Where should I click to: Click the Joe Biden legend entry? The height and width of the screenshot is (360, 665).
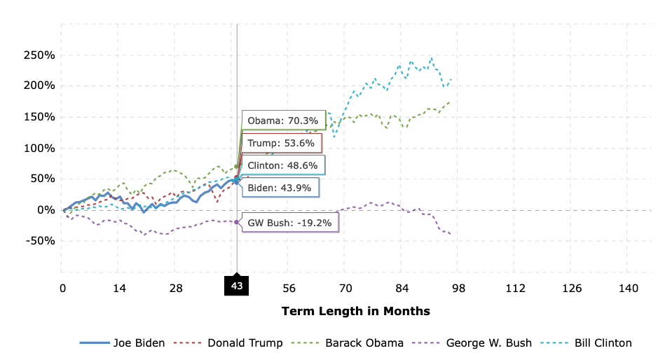click(x=123, y=342)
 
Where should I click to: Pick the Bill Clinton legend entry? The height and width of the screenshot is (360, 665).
click(x=593, y=342)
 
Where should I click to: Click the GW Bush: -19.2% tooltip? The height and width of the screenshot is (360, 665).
click(x=289, y=222)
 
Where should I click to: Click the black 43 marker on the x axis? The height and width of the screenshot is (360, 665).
click(x=237, y=286)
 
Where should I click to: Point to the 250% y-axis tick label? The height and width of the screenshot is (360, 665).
click(x=40, y=55)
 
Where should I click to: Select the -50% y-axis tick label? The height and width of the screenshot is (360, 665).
click(x=40, y=241)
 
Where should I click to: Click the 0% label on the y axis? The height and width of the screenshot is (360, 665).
click(x=45, y=210)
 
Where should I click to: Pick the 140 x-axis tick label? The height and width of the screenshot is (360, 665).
click(x=629, y=288)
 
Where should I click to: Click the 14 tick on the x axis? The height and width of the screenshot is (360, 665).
click(x=119, y=288)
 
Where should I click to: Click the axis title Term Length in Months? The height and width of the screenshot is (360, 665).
click(x=355, y=311)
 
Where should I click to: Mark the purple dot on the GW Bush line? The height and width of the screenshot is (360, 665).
click(x=237, y=222)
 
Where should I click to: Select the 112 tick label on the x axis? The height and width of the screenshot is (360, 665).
click(x=515, y=288)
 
